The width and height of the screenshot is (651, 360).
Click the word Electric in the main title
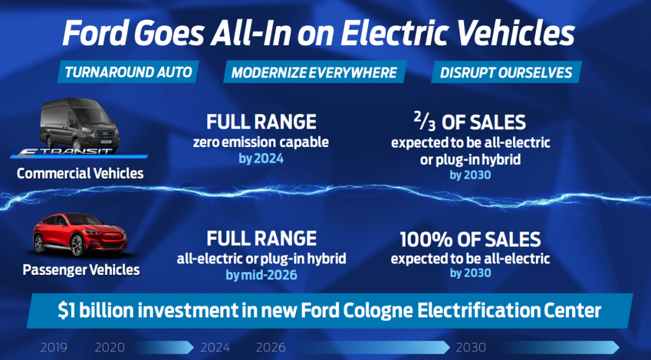click(x=395, y=33)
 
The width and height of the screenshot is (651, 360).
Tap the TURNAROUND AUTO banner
click(x=128, y=72)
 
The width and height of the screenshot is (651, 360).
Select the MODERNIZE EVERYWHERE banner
click(x=314, y=73)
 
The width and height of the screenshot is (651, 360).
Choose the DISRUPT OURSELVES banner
click(x=506, y=73)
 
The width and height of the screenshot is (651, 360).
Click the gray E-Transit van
click(x=79, y=124)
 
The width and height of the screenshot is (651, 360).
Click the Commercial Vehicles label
click(x=80, y=173)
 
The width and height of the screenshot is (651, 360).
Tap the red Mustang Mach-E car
click(x=79, y=234)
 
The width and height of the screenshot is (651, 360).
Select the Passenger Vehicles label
click(x=81, y=270)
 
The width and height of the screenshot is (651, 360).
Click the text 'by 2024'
click(x=261, y=158)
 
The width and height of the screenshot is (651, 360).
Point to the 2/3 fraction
click(x=425, y=121)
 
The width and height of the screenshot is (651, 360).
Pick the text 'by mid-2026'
click(x=261, y=275)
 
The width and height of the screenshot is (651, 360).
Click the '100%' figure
click(x=425, y=240)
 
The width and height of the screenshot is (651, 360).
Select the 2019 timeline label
click(x=53, y=347)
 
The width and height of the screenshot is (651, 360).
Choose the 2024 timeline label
click(x=215, y=347)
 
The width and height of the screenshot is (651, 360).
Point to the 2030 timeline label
click(x=471, y=347)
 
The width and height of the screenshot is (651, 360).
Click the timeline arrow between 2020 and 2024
click(x=163, y=347)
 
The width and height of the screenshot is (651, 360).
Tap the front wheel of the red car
click(x=77, y=246)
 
